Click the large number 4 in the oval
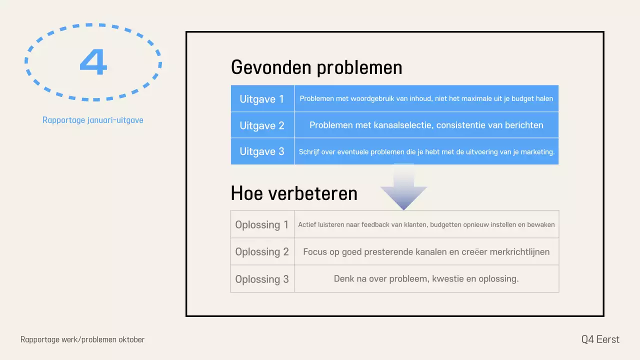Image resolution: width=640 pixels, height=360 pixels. tap(93, 62)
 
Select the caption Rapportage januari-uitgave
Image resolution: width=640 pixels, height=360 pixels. tap(93, 120)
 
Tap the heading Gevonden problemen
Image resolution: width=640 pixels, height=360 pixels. tap(316, 67)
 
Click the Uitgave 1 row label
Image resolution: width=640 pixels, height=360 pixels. tap(262, 99)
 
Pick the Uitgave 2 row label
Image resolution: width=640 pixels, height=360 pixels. tap(262, 125)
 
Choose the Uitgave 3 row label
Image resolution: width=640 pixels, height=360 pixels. tap(262, 151)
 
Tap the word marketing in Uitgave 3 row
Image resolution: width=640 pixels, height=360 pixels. tap(537, 152)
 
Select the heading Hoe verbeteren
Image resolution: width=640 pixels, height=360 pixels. tap(294, 193)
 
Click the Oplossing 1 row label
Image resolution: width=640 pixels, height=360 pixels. tap(262, 225)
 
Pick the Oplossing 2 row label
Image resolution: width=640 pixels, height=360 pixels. tap(262, 252)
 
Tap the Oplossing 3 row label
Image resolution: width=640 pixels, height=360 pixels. tap(262, 279)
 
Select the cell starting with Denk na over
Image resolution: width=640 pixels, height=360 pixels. tap(426, 279)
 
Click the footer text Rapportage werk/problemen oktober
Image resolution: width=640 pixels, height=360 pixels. tap(82, 340)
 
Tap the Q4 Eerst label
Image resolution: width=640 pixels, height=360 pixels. tap(600, 340)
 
